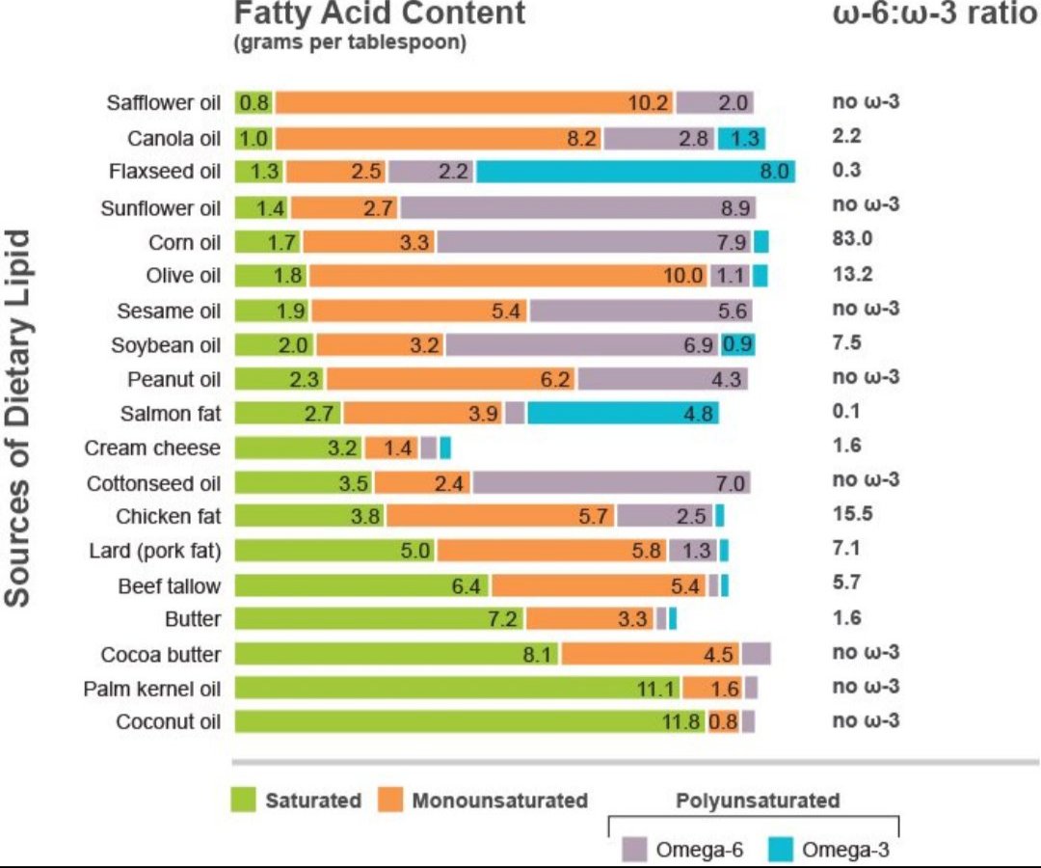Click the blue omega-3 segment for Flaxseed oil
635,172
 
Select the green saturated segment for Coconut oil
469,721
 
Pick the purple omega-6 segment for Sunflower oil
577,207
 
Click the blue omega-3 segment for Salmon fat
623,414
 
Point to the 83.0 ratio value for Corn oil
852,239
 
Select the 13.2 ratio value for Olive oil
852,275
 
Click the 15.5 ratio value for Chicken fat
852,514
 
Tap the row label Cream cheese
152,448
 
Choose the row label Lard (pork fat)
154,552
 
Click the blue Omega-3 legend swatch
781,850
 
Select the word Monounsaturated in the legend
499,800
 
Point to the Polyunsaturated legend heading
758,800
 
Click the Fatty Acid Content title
381,14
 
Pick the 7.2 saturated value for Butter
503,619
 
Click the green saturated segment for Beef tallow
361,585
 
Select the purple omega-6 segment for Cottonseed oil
611,482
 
